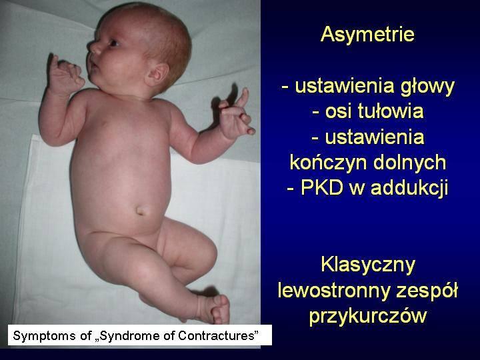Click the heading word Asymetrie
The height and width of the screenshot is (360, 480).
coord(367,34)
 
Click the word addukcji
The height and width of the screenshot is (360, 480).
coord(409,187)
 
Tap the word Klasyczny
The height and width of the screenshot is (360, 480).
coord(367,265)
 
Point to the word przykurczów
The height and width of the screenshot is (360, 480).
coord(367,316)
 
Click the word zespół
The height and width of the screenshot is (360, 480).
coord(427,291)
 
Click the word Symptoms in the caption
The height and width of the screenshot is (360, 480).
coord(45,336)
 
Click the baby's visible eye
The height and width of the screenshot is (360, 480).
coord(113,43)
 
